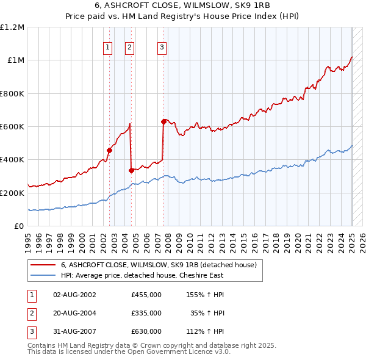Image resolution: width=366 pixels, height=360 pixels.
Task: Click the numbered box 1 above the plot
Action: pyautogui.click(x=107, y=48)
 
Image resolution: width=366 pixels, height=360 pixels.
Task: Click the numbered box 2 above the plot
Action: pyautogui.click(x=130, y=48)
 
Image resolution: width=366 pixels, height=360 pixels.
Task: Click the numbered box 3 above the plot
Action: pyautogui.click(x=162, y=48)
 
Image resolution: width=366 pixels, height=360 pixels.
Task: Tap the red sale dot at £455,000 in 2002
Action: pyautogui.click(x=110, y=150)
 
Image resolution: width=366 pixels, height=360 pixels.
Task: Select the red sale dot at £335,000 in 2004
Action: pyautogui.click(x=132, y=170)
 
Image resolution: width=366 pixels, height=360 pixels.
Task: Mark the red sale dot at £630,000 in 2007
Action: pyautogui.click(x=164, y=121)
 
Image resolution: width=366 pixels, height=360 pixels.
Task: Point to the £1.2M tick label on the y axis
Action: pyautogui.click(x=12, y=27)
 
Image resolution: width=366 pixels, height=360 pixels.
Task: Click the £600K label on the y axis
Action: pyautogui.click(x=12, y=127)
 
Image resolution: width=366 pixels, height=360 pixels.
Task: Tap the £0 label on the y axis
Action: pyautogui.click(x=18, y=226)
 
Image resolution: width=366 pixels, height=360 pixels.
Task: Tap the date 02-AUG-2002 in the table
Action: pyautogui.click(x=74, y=295)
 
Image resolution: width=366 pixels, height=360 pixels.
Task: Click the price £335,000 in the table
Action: pyautogui.click(x=146, y=313)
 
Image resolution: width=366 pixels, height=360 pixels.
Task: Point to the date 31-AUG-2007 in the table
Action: pyautogui.click(x=74, y=331)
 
